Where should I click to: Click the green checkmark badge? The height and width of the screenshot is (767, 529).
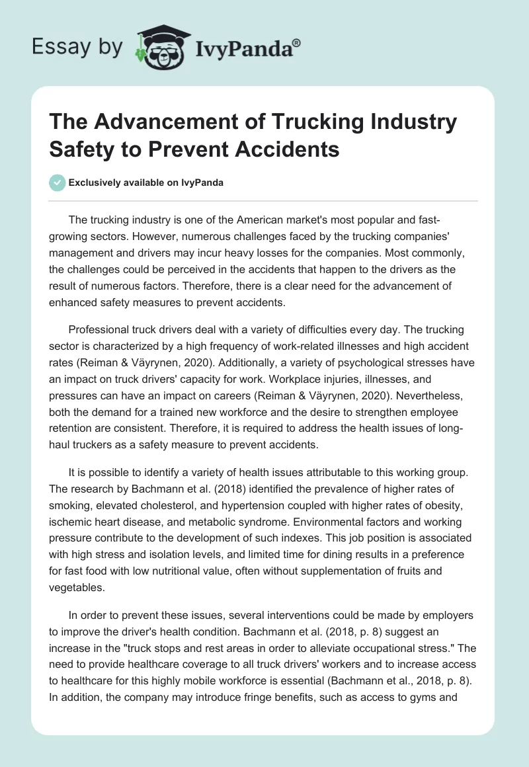tap(57, 182)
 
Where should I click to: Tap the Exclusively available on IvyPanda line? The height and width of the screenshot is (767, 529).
tap(145, 183)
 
